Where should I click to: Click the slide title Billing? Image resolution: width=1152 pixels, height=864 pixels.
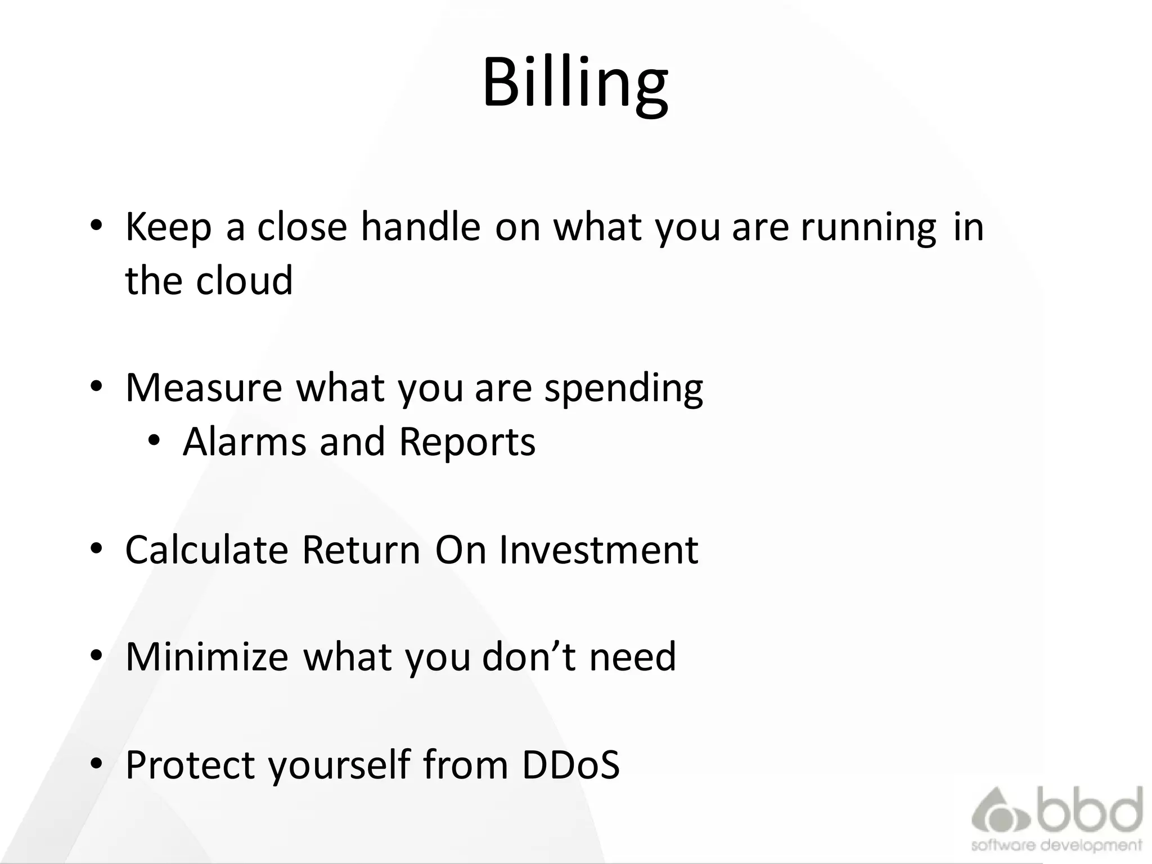tap(575, 83)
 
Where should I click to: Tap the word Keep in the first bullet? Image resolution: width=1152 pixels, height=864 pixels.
tap(168, 227)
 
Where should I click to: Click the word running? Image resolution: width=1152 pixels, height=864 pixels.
tap(868, 227)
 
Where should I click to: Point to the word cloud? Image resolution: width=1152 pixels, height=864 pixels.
tap(244, 280)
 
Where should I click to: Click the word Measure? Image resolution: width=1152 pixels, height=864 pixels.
tap(203, 388)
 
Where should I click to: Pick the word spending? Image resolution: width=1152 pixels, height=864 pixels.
tap(623, 388)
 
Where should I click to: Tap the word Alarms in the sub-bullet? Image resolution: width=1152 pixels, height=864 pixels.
tap(244, 442)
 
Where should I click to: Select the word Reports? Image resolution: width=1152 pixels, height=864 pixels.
tap(467, 442)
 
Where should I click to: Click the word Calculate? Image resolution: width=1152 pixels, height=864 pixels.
tap(206, 550)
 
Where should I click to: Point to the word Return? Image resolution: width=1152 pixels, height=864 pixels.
tap(361, 550)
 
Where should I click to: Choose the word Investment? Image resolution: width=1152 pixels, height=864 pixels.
tap(598, 550)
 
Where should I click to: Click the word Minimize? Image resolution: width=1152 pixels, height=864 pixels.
tap(206, 656)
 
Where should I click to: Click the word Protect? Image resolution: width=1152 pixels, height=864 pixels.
tap(190, 764)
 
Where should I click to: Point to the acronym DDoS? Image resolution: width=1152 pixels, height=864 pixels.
tap(570, 764)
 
